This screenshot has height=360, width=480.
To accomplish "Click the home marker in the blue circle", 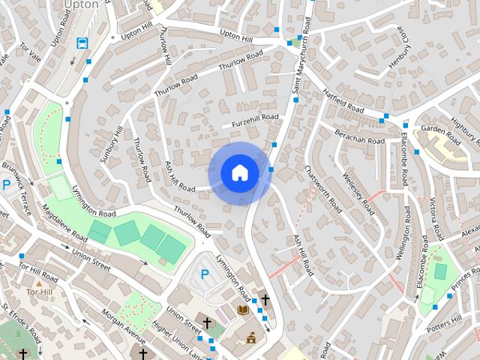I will pos(239,173).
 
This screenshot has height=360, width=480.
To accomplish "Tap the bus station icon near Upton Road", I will pos(82,43).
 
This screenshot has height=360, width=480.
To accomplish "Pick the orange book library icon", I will pos(242,309).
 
